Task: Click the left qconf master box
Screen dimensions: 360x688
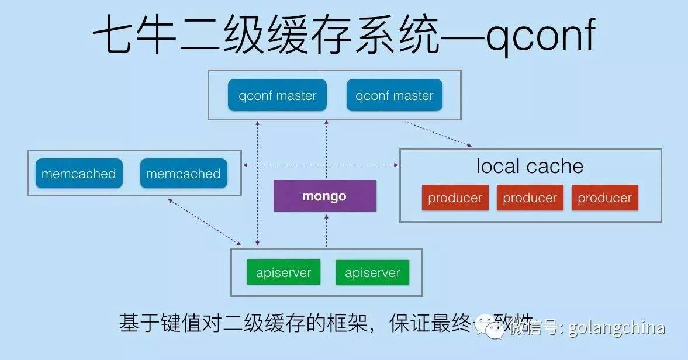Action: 278,96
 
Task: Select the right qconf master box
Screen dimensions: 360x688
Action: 395,96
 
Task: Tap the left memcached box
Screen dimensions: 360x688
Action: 79,174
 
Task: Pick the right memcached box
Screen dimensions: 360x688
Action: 183,174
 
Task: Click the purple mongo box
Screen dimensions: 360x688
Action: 324,196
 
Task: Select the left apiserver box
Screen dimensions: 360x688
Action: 284,272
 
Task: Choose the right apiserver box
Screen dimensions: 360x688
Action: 372,272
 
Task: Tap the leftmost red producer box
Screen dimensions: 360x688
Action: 455,198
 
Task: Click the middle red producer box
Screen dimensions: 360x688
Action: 530,198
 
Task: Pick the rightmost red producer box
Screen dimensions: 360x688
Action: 604,198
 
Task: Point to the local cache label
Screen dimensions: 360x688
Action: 530,167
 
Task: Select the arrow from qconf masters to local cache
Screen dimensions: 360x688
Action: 438,134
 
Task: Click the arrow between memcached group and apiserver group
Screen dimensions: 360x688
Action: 205,222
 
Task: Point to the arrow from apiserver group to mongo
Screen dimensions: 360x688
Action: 326,231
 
